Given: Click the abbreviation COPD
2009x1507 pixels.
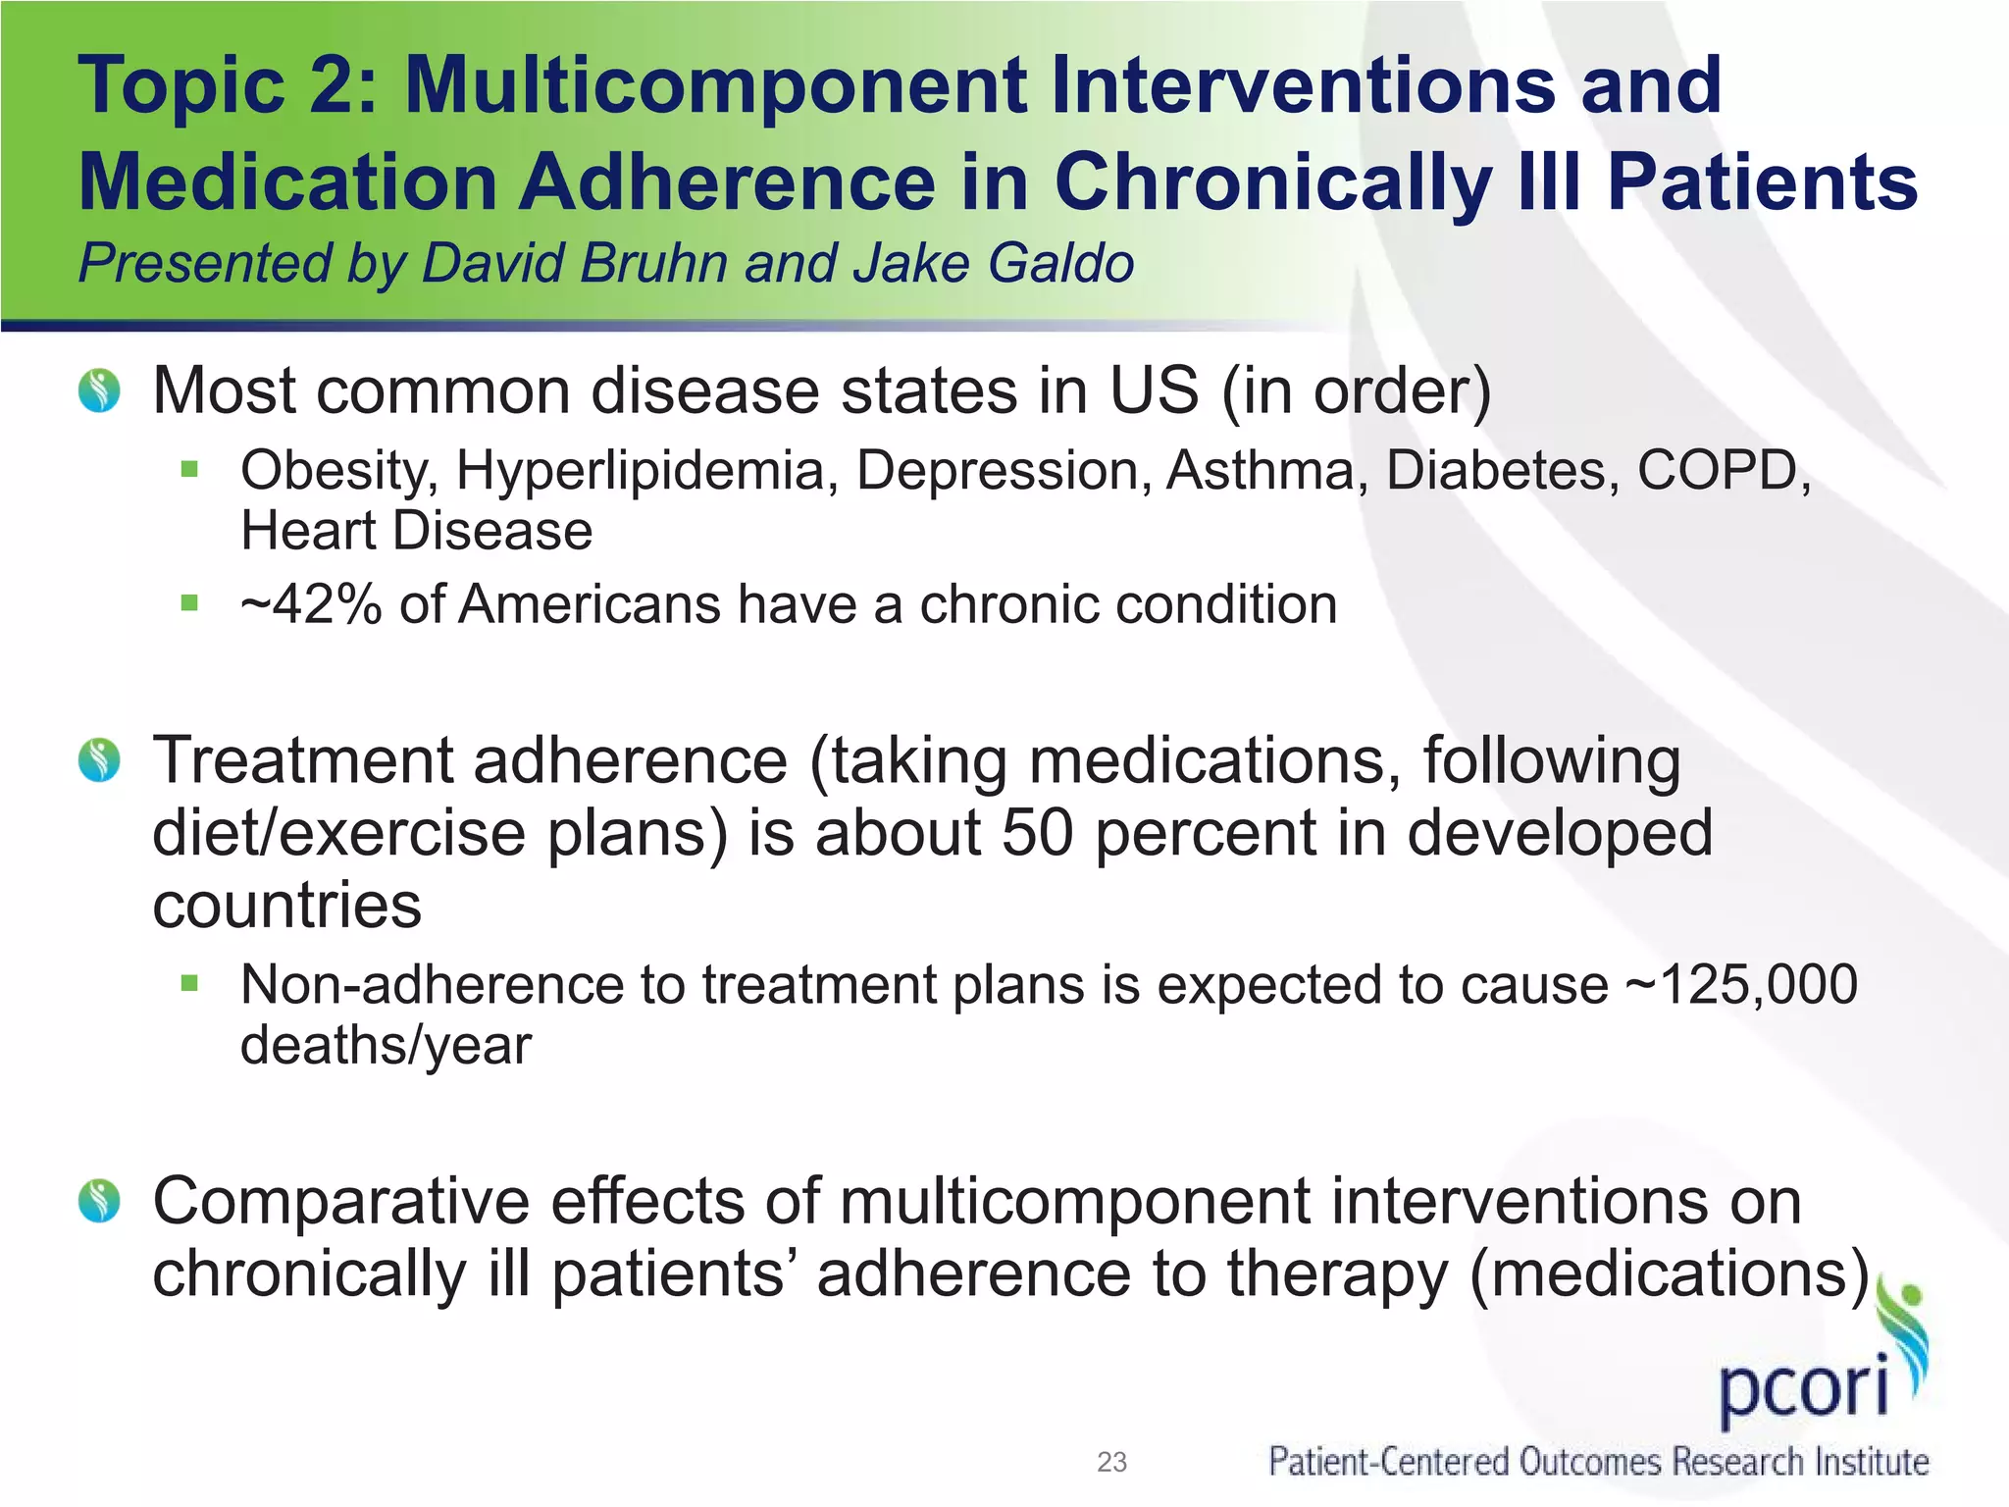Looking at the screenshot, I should point(1722,471).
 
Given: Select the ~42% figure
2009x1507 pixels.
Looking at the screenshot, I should point(311,604).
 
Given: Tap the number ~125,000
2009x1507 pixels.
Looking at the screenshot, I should point(1741,984).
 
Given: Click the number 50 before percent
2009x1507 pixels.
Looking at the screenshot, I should point(1038,833).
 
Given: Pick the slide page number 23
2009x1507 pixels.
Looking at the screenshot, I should point(1111,1463).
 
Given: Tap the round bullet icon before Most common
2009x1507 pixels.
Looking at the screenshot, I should point(99,390).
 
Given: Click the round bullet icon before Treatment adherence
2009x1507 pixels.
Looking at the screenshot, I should point(99,760).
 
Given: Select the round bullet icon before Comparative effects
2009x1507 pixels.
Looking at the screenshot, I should point(99,1201).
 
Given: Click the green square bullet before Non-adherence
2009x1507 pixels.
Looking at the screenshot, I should point(189,982).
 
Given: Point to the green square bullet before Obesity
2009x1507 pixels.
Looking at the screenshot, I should point(189,469).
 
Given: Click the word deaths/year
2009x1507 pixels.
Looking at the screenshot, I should point(386,1046).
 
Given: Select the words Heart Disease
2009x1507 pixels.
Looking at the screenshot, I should point(417,532).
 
